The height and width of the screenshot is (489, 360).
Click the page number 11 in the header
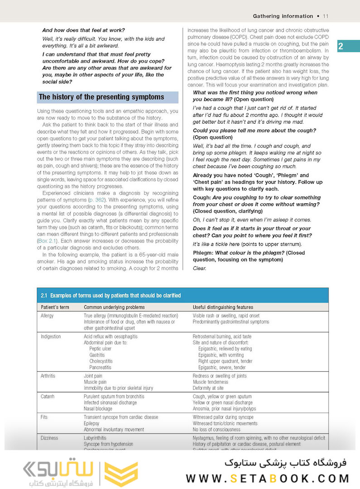pyautogui.click(x=325, y=16)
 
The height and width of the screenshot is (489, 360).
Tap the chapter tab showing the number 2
pyautogui.click(x=341, y=46)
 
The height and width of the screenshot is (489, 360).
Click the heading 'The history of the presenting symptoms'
pyautogui.click(x=101, y=97)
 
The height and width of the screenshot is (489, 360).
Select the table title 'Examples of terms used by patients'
pyautogui.click(x=110, y=296)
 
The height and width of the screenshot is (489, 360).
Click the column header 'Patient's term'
pyautogui.click(x=56, y=307)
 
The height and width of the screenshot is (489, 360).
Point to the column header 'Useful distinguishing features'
pyautogui.click(x=223, y=307)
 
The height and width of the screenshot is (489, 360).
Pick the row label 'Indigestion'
pyautogui.click(x=51, y=337)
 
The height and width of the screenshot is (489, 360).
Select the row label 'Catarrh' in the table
pyautogui.click(x=48, y=397)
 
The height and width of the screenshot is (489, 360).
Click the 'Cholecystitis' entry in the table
pyautogui.click(x=102, y=361)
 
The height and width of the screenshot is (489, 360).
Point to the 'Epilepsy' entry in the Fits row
pyautogui.click(x=92, y=423)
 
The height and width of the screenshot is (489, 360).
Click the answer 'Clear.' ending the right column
pyautogui.click(x=199, y=268)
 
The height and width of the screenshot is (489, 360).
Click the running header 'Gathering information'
pyautogui.click(x=283, y=16)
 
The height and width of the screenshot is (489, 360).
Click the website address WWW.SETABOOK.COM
pyautogui.click(x=268, y=478)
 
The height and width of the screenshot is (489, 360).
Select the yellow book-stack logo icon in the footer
pyautogui.click(x=120, y=474)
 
